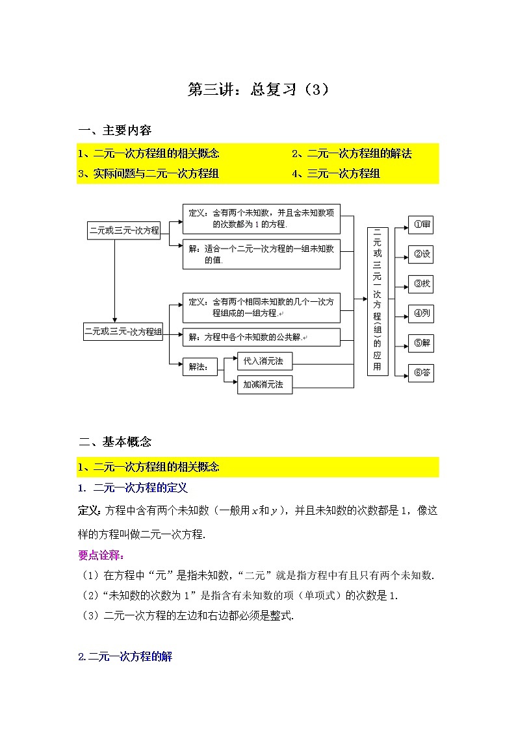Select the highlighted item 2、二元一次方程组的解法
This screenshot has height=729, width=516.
click(352, 154)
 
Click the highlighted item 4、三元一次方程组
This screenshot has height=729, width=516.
click(336, 173)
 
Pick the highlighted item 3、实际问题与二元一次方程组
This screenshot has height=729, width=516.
click(148, 173)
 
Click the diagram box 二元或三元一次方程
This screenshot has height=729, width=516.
click(124, 230)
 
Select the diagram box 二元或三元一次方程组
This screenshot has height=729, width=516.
click(123, 332)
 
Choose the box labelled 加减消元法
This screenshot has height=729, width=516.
click(264, 384)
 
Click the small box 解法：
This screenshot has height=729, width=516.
click(198, 367)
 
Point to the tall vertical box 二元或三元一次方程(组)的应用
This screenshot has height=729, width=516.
click(378, 301)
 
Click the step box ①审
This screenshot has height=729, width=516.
click(421, 225)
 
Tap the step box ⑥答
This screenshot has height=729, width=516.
click(421, 373)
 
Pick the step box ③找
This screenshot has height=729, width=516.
click(421, 284)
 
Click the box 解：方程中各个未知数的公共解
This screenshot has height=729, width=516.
click(261, 338)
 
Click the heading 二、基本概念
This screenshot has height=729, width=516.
click(115, 442)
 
